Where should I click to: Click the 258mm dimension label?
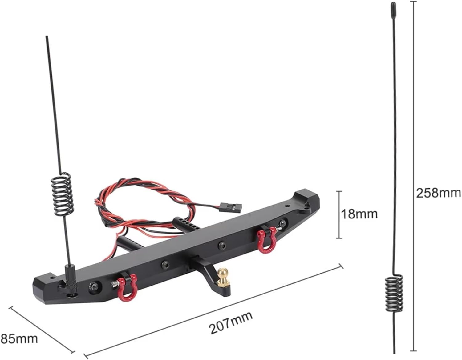point(438,193)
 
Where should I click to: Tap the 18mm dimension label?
point(359,213)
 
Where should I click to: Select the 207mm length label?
point(231,322)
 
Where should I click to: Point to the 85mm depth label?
point(19,339)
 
